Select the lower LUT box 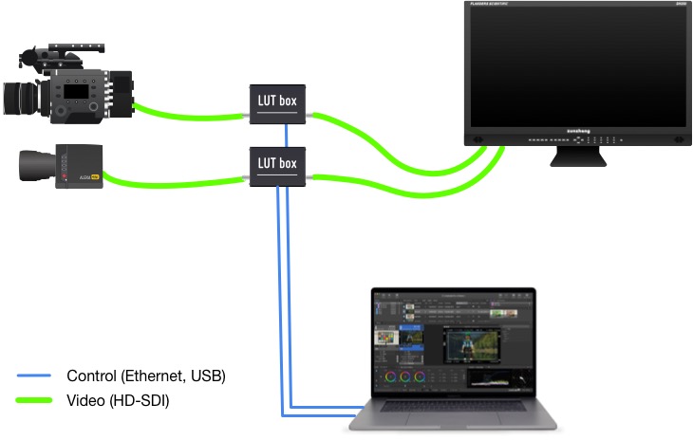(x=278, y=166)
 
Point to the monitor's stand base (x=578, y=158)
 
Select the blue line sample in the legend (x=34, y=376)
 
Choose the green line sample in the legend (x=34, y=400)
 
